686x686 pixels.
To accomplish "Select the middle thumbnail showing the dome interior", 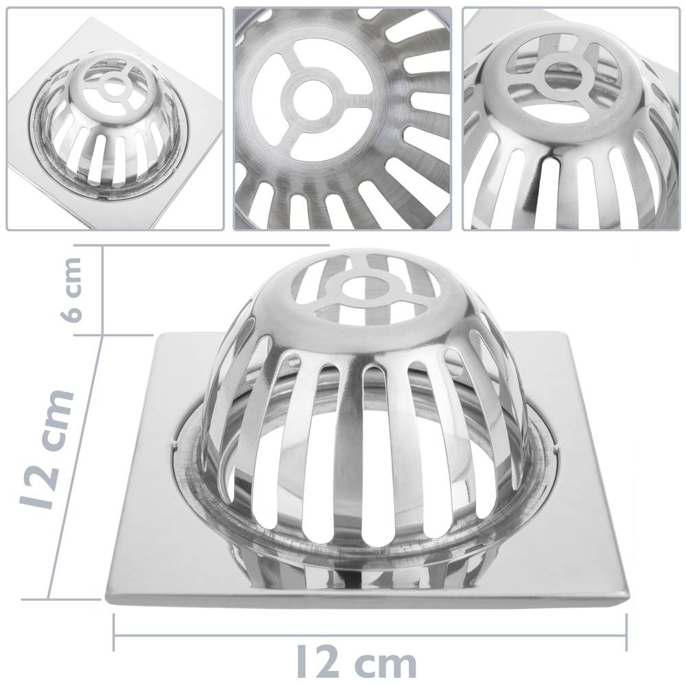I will coord(343,119).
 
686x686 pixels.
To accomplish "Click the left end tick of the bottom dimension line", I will coord(114,632).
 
